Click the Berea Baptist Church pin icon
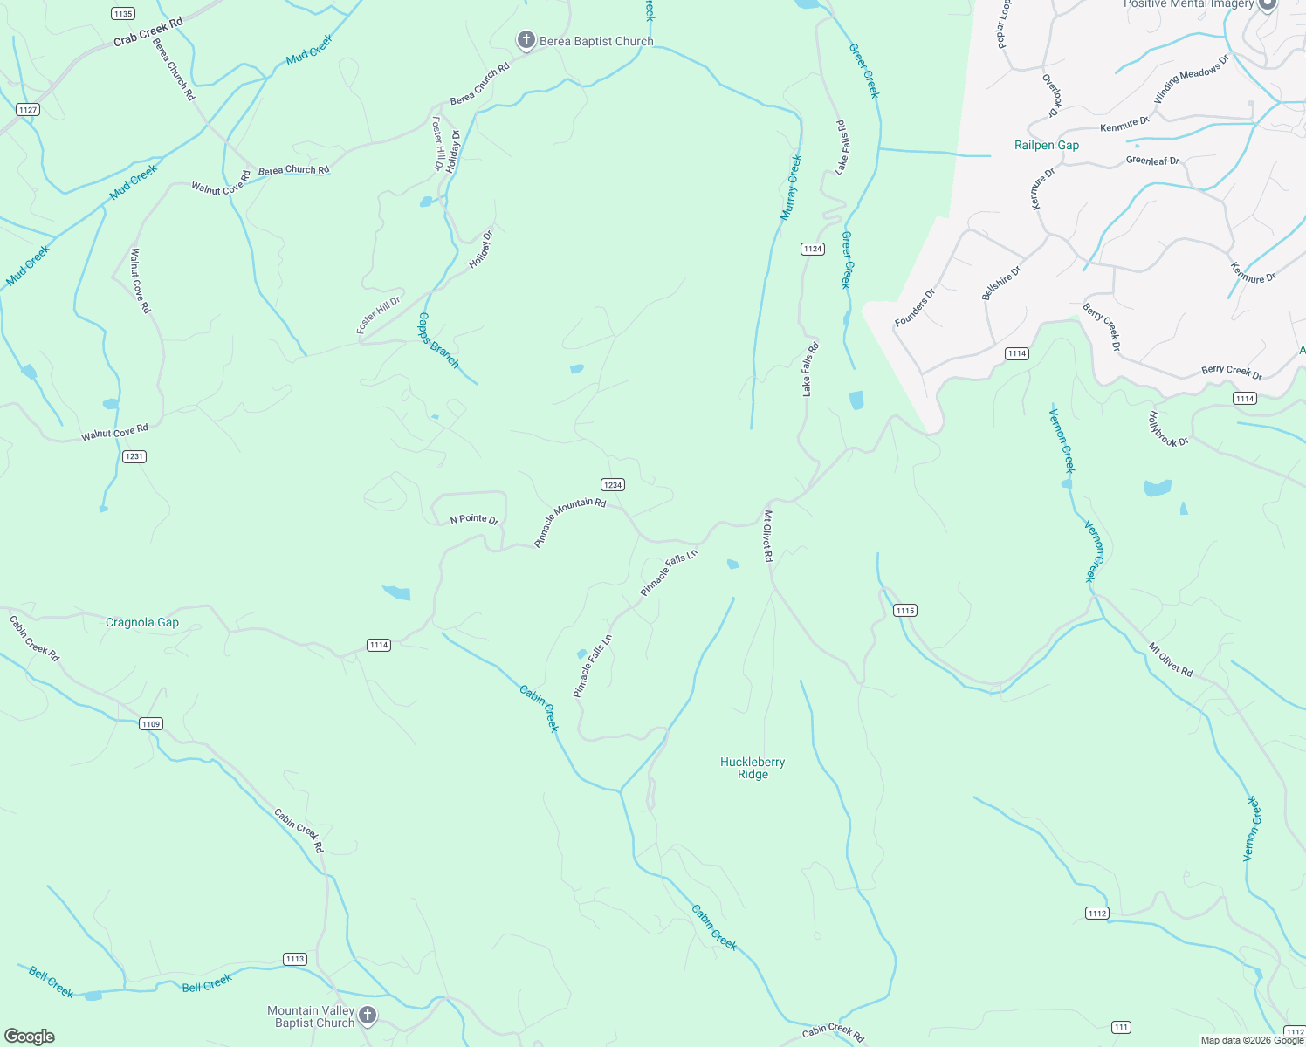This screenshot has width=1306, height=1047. [526, 40]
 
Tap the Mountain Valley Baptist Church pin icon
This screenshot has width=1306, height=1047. [368, 1016]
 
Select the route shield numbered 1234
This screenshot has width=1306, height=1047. [612, 485]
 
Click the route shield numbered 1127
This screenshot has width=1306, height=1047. [28, 109]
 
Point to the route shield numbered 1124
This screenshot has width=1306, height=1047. [812, 249]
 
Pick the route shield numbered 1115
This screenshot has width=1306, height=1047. [905, 611]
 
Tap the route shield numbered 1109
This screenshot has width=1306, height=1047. [150, 724]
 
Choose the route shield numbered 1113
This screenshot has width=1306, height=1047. [295, 959]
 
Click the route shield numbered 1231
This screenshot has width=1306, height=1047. [134, 456]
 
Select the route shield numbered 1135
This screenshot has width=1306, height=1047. [123, 14]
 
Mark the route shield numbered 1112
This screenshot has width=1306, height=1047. [1097, 914]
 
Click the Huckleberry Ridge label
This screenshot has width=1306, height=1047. [753, 768]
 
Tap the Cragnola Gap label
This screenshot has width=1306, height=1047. [142, 623]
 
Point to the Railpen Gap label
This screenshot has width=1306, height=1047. [1047, 146]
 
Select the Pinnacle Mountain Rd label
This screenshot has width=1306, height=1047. [570, 522]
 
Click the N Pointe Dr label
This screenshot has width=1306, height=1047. [474, 519]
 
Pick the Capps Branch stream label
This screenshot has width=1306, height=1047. [438, 340]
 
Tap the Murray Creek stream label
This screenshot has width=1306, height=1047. [791, 188]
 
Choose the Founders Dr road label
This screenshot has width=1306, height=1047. [915, 308]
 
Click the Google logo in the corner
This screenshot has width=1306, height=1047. [30, 1037]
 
